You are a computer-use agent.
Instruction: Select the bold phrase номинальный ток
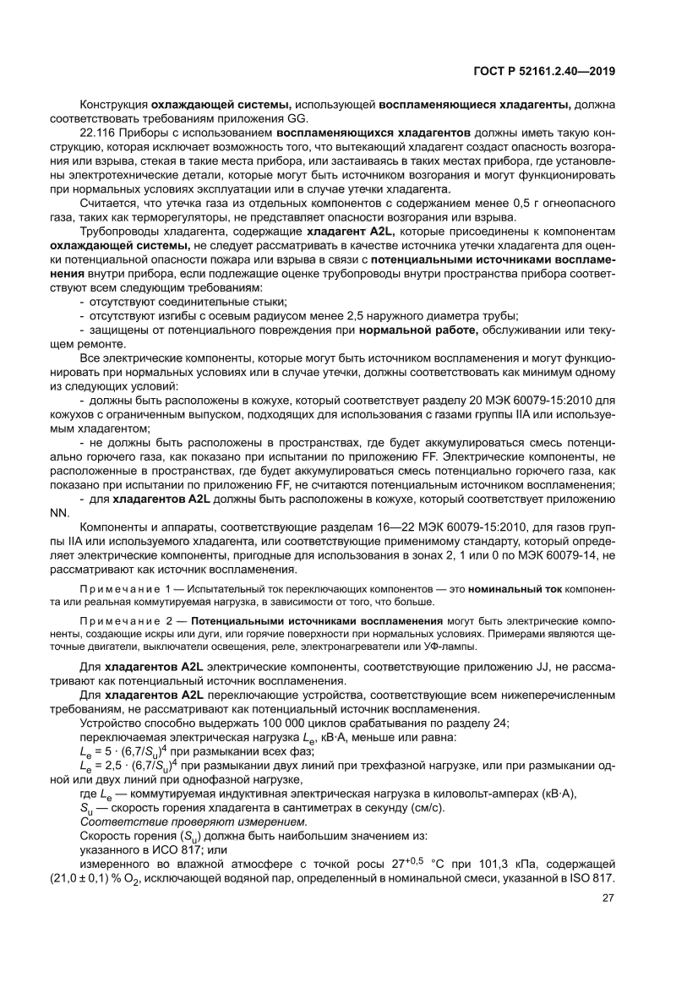click(517, 587)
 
